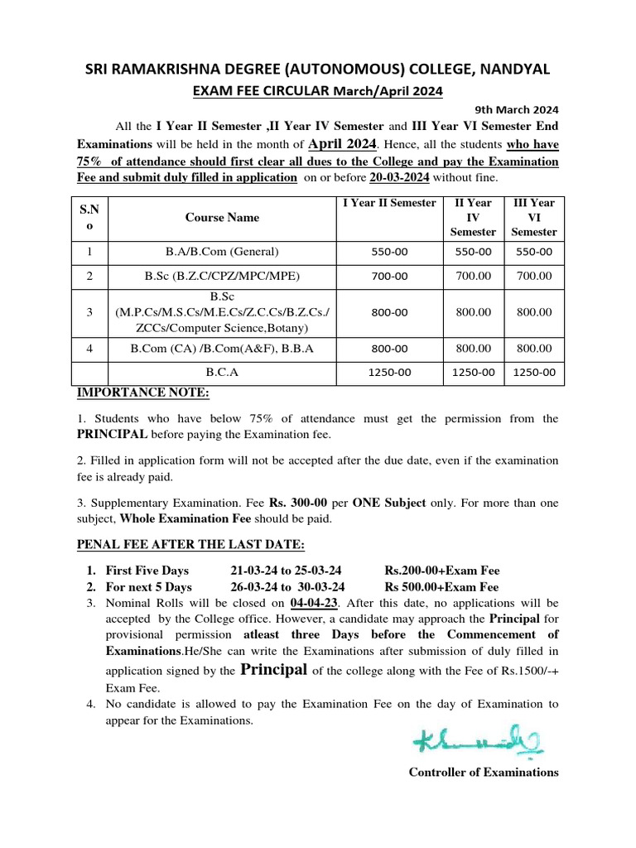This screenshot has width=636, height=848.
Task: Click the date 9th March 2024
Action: [x=516, y=108]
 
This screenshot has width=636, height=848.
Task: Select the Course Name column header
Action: [x=222, y=218]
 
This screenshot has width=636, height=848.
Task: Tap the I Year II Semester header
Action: [x=388, y=203]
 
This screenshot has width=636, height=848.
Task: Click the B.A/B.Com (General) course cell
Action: [x=222, y=253]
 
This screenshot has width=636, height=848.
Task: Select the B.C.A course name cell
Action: [x=222, y=373]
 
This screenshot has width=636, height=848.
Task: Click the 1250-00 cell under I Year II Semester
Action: [x=388, y=373]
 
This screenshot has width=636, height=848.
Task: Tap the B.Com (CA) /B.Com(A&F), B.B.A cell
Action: [x=222, y=349]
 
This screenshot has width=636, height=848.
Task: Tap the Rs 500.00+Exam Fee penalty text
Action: [x=441, y=587]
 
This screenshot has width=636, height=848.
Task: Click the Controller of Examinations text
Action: [x=484, y=772]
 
